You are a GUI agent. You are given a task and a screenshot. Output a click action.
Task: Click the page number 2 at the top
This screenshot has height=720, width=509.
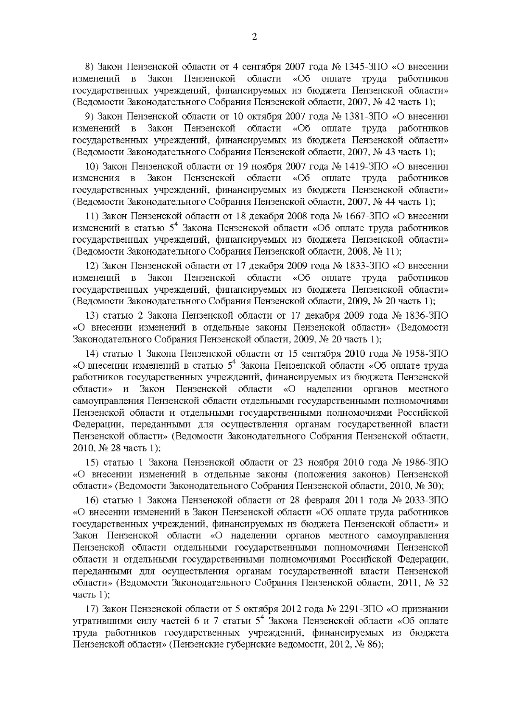(255, 37)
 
